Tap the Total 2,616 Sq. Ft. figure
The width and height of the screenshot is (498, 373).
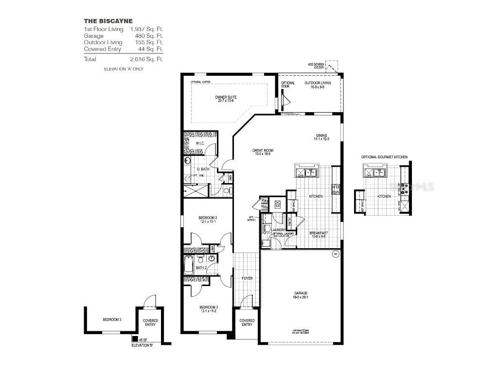[x=146, y=59]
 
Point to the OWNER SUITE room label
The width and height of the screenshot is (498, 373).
[x=226, y=99]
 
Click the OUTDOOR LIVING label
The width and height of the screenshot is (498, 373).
[x=318, y=85]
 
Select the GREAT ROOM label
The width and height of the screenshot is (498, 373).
[x=263, y=153]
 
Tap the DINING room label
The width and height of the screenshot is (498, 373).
[x=321, y=137]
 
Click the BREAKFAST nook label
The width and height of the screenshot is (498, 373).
[x=319, y=235]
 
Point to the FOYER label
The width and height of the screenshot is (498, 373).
[x=247, y=279]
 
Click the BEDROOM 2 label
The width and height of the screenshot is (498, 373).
[x=208, y=219]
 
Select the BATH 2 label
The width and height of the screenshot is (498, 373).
[x=202, y=268]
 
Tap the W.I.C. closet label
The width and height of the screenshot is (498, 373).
[x=200, y=144]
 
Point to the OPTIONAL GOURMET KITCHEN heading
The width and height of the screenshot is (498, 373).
[x=384, y=157]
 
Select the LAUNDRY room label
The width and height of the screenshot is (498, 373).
[x=271, y=230]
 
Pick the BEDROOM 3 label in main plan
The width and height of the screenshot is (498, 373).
[x=208, y=309]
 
